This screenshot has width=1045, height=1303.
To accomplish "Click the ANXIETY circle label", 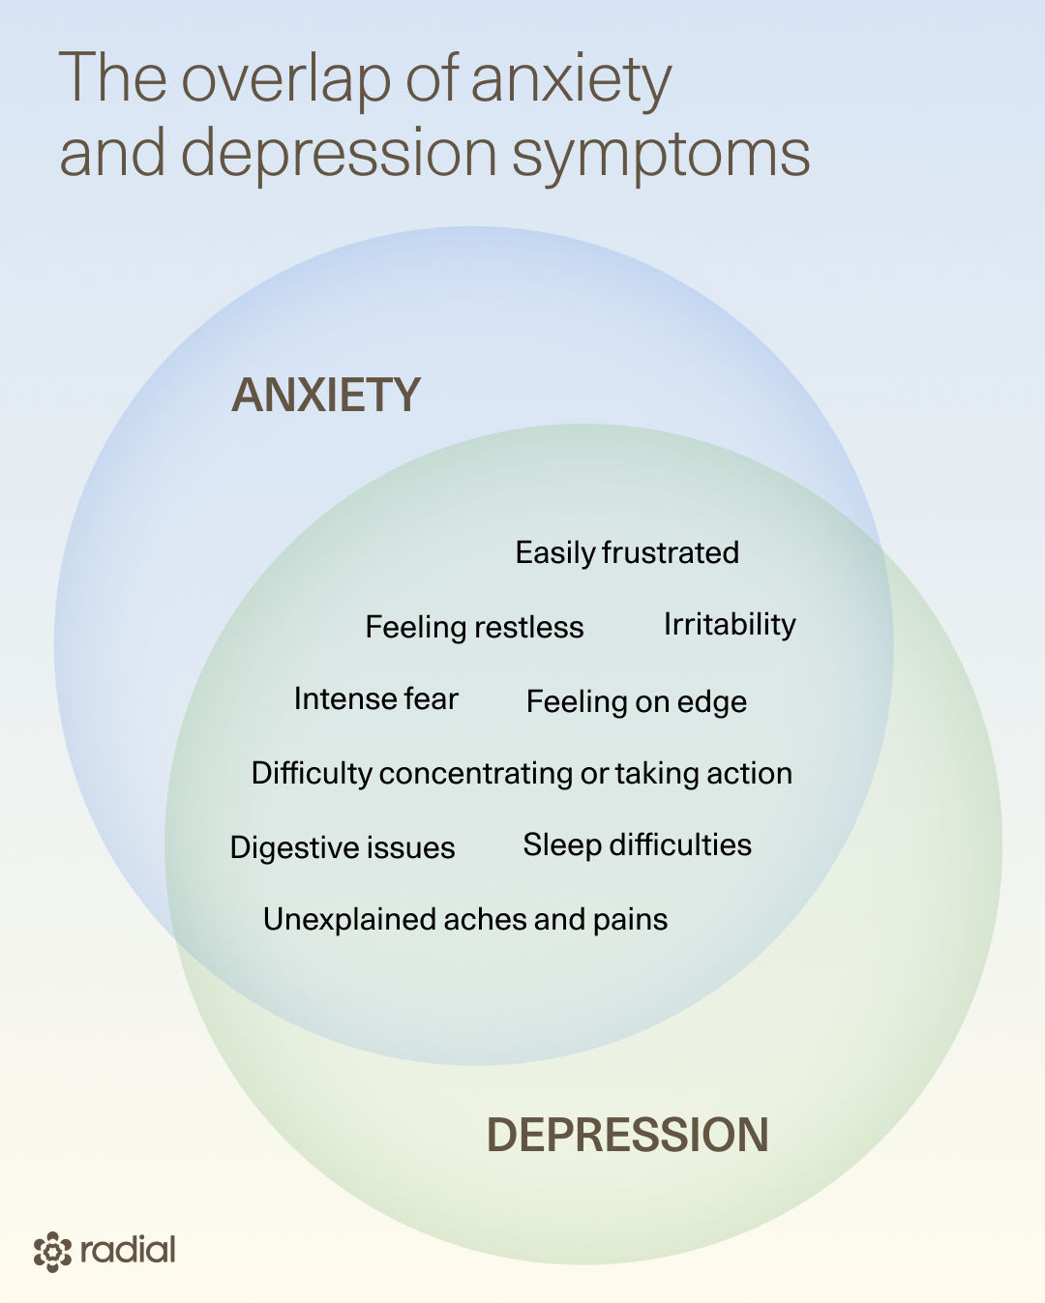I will coord(326,396).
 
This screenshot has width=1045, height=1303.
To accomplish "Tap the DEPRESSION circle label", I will coord(627,1135).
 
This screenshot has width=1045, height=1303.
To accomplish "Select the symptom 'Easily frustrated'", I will coord(627,552).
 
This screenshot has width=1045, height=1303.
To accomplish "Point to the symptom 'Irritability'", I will coord(730,625).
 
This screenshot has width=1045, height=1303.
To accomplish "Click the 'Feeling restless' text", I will coord(474,627).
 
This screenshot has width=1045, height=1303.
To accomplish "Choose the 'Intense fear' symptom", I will coord(375,698).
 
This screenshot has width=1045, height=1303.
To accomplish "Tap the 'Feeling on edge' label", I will coord(636,701).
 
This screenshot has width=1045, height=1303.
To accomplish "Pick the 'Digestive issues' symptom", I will coord(343,847).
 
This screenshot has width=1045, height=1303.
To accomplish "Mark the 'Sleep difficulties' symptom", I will coord(637,844).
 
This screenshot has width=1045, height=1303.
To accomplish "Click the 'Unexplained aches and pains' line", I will coord(465,919).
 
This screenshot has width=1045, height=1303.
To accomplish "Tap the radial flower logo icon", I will coord(52,1252).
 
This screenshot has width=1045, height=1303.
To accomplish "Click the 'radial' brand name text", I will coord(128,1250).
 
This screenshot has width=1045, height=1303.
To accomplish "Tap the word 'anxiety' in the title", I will coord(571,79).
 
